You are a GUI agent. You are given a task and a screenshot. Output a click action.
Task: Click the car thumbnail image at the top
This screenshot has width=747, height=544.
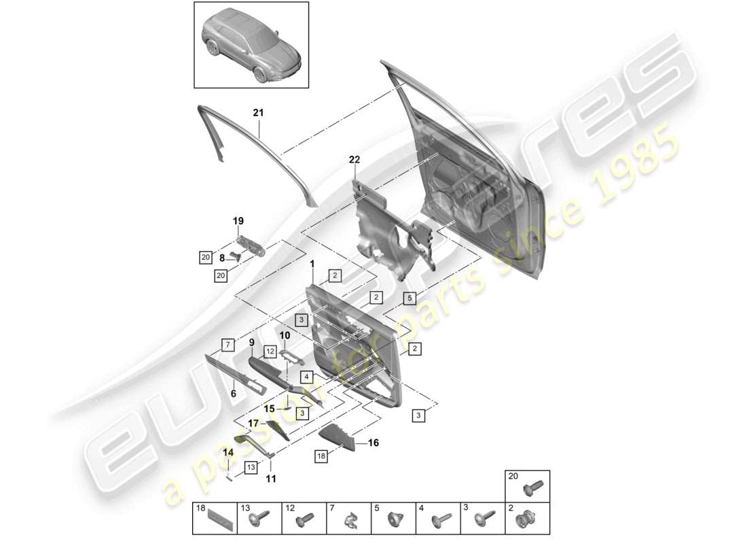251,45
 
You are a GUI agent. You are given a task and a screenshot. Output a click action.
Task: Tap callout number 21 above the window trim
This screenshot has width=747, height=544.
258,113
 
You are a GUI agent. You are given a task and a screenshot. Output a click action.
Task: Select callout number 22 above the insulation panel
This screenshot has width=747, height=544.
354,160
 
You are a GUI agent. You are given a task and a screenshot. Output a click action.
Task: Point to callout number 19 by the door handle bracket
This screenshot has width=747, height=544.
238,221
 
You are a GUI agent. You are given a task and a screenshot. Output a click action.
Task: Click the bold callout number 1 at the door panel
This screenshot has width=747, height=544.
312,264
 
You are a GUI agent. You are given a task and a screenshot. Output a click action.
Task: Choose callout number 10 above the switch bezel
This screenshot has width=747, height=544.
285,336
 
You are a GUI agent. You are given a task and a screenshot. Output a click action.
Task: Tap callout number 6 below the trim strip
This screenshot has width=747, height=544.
233,393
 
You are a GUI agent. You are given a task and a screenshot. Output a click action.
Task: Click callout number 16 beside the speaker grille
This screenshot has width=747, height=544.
373,443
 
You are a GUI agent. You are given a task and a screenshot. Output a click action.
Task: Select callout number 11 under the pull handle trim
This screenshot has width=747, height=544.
272,479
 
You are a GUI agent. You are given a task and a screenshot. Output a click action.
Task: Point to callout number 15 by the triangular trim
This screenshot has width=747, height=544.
269,409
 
